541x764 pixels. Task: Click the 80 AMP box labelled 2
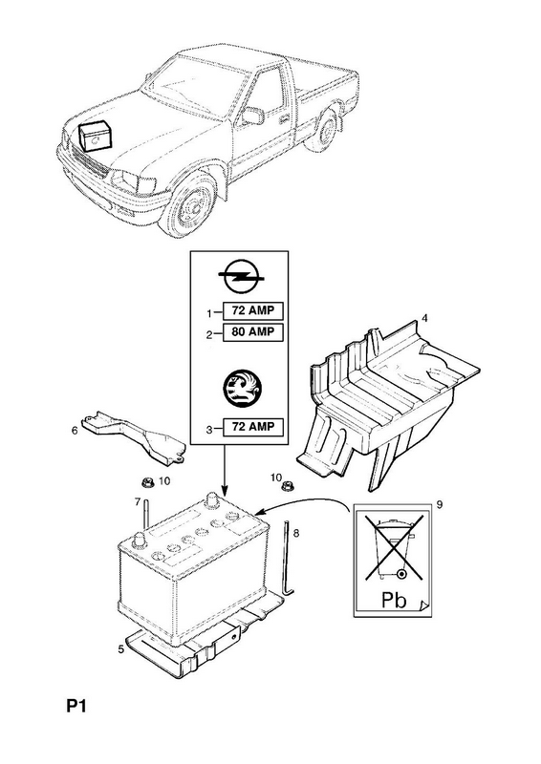(252, 331)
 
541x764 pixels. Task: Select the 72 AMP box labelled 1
(252, 310)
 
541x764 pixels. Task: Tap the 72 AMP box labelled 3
(252, 427)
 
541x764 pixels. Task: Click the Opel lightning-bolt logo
(242, 276)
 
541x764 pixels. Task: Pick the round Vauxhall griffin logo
(242, 388)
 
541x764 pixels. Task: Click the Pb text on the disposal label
(394, 600)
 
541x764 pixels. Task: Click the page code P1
(76, 706)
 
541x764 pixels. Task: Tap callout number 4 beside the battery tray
(424, 318)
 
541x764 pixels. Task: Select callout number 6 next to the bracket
(75, 431)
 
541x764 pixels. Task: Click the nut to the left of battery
(147, 483)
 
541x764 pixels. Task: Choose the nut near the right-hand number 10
(288, 486)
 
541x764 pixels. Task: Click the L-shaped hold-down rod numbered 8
(288, 558)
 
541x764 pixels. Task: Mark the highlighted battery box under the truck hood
(96, 135)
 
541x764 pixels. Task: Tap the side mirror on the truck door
(253, 117)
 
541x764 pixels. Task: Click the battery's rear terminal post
(212, 499)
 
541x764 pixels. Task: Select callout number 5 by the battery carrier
(120, 648)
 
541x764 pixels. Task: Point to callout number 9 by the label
(439, 505)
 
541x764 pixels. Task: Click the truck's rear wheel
(322, 130)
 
